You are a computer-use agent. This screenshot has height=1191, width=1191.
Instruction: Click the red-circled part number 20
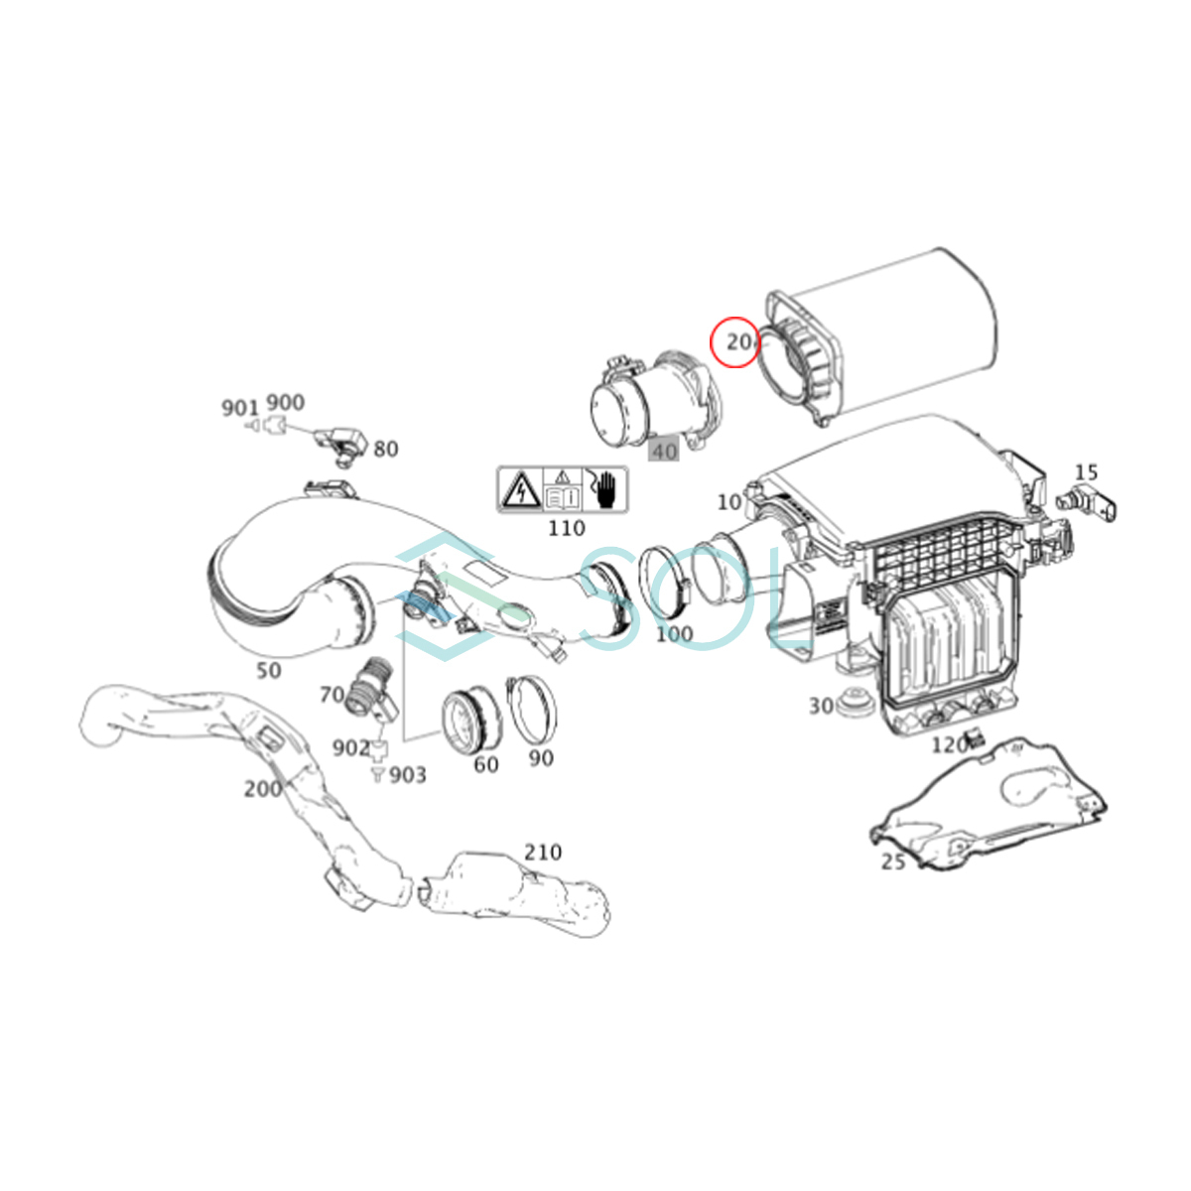coord(739,341)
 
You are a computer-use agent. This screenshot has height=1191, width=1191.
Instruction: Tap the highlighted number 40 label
coord(664,452)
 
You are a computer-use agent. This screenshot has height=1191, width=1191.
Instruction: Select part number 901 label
coord(240,408)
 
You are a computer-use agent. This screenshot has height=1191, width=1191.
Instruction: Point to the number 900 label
coord(286,402)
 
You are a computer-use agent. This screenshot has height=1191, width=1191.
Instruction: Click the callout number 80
coord(386,450)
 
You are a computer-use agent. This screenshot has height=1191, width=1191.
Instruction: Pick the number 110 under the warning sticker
coord(567,528)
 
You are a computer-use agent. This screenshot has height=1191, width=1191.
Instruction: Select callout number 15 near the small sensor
coord(1086,472)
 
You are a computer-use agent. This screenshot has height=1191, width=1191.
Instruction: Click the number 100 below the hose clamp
coord(674,634)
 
